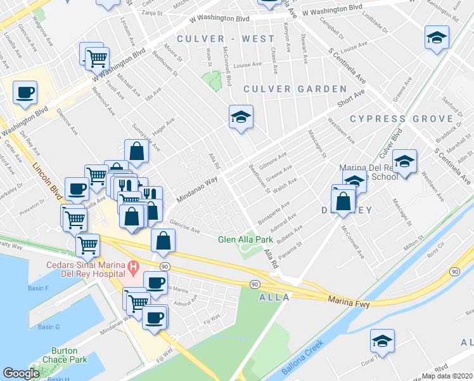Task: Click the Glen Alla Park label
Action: click(245, 239)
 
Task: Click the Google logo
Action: click(21, 373)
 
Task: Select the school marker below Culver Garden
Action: click(241, 117)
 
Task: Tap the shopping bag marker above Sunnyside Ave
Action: click(137, 151)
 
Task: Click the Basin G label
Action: click(48, 327)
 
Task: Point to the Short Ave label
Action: click(351, 98)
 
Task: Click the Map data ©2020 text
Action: click(447, 376)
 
